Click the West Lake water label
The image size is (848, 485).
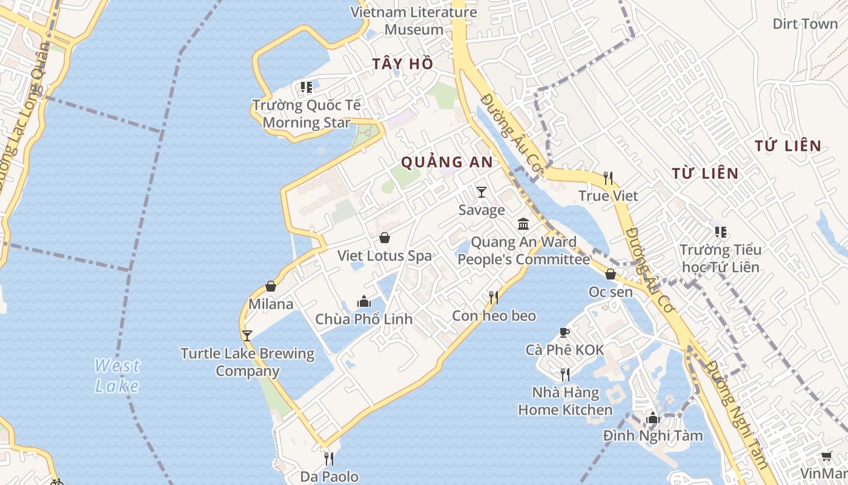117,375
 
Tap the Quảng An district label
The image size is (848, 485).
447,162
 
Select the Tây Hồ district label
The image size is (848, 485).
403,63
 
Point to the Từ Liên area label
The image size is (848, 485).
705,173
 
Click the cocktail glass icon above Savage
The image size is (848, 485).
482,192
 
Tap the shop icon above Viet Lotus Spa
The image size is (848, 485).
384,238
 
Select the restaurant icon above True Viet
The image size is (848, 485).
608,178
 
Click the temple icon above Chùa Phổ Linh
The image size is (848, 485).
363,301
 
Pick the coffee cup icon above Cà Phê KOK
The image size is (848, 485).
565,332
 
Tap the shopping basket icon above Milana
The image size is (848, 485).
271,286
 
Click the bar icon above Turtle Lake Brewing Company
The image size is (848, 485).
247,335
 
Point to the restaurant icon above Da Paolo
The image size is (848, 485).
329,458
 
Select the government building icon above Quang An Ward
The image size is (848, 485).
523,224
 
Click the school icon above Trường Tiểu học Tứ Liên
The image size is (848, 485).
720,232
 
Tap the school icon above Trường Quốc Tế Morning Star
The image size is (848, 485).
306,87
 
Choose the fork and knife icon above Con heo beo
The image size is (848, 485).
494,297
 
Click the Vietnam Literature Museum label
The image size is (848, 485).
414,21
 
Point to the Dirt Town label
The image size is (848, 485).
805,24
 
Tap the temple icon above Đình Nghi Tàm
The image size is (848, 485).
652,418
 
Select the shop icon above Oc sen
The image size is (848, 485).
611,274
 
